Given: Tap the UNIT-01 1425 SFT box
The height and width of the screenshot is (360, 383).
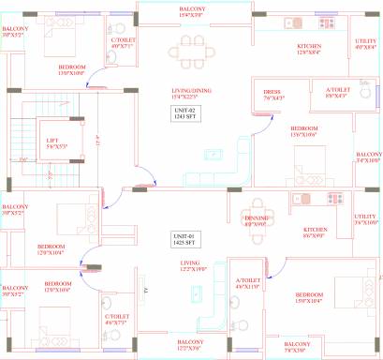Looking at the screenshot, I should coord(184,239).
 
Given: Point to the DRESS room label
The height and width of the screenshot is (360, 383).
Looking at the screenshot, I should coord(273,93).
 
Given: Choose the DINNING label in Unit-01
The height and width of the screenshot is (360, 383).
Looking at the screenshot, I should coord(257,220).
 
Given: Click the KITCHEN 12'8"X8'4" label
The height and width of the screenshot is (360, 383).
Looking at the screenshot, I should coord(310,50).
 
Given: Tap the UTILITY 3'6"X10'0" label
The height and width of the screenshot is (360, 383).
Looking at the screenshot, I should coord(368,219).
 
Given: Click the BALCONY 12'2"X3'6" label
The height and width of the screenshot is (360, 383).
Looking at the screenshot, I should coord(191,343).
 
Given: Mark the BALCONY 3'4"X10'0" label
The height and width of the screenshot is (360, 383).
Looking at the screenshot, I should coord(368,157).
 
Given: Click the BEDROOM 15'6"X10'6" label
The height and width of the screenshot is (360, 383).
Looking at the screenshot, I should coord(309,130).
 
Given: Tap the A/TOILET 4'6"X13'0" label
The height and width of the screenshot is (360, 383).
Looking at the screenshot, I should coord(247,282).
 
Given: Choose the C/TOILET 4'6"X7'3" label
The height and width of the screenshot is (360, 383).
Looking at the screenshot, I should coord(116,319).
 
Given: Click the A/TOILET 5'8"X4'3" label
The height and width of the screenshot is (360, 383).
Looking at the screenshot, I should coord(337,93).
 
